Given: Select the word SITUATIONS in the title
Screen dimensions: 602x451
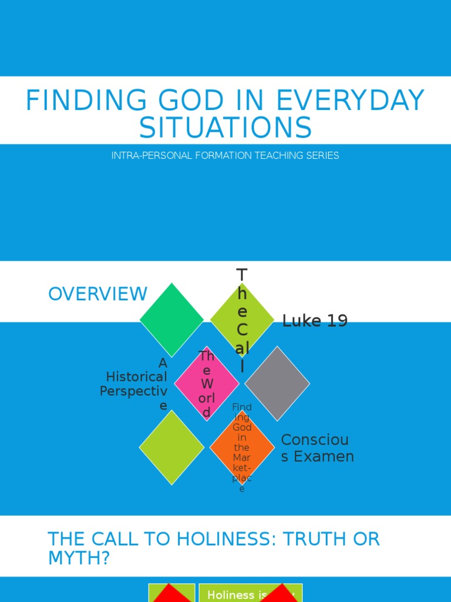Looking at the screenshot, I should [x=225, y=128].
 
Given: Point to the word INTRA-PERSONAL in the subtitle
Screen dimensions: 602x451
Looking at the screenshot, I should [x=146, y=156].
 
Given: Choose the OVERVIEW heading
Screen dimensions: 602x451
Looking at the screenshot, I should [x=97, y=293].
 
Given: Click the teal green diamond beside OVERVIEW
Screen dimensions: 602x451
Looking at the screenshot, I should [x=171, y=320].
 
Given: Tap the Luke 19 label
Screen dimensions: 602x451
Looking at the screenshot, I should [x=315, y=321].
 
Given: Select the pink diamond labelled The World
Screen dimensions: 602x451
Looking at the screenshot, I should [x=207, y=383].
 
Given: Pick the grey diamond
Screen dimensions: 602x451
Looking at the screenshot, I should [x=277, y=383].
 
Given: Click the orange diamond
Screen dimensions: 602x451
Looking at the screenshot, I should [x=242, y=447].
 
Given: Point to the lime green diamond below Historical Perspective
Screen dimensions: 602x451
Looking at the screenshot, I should [x=171, y=447].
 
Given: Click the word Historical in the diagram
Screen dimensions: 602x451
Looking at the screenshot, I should [x=136, y=377].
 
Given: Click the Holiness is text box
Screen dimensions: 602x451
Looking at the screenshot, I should [x=250, y=594].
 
